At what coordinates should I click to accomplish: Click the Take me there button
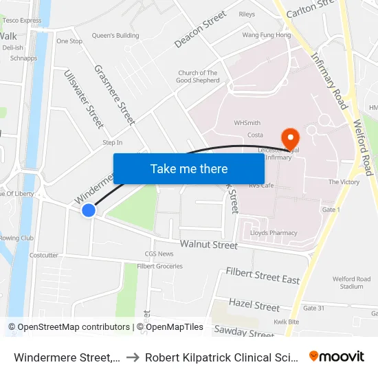pos(188,168)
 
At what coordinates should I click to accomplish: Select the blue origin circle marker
pos(89,210)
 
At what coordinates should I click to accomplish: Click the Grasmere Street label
pos(115,95)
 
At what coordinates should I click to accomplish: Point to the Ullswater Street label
pos(83,99)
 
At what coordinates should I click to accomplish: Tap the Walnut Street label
pos(209,245)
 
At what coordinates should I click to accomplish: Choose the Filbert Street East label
pos(263,276)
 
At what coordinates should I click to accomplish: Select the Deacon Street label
pos(200,30)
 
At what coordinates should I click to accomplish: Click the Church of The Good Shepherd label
pos(198,76)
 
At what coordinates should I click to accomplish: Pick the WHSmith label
pos(247,123)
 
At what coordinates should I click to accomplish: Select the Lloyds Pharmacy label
pos(274,233)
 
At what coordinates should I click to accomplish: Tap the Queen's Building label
pos(115,36)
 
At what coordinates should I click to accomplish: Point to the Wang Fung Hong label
pos(266,35)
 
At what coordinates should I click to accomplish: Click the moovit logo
pos(337,356)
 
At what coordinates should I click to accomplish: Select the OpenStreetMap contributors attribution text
pos(69,327)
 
